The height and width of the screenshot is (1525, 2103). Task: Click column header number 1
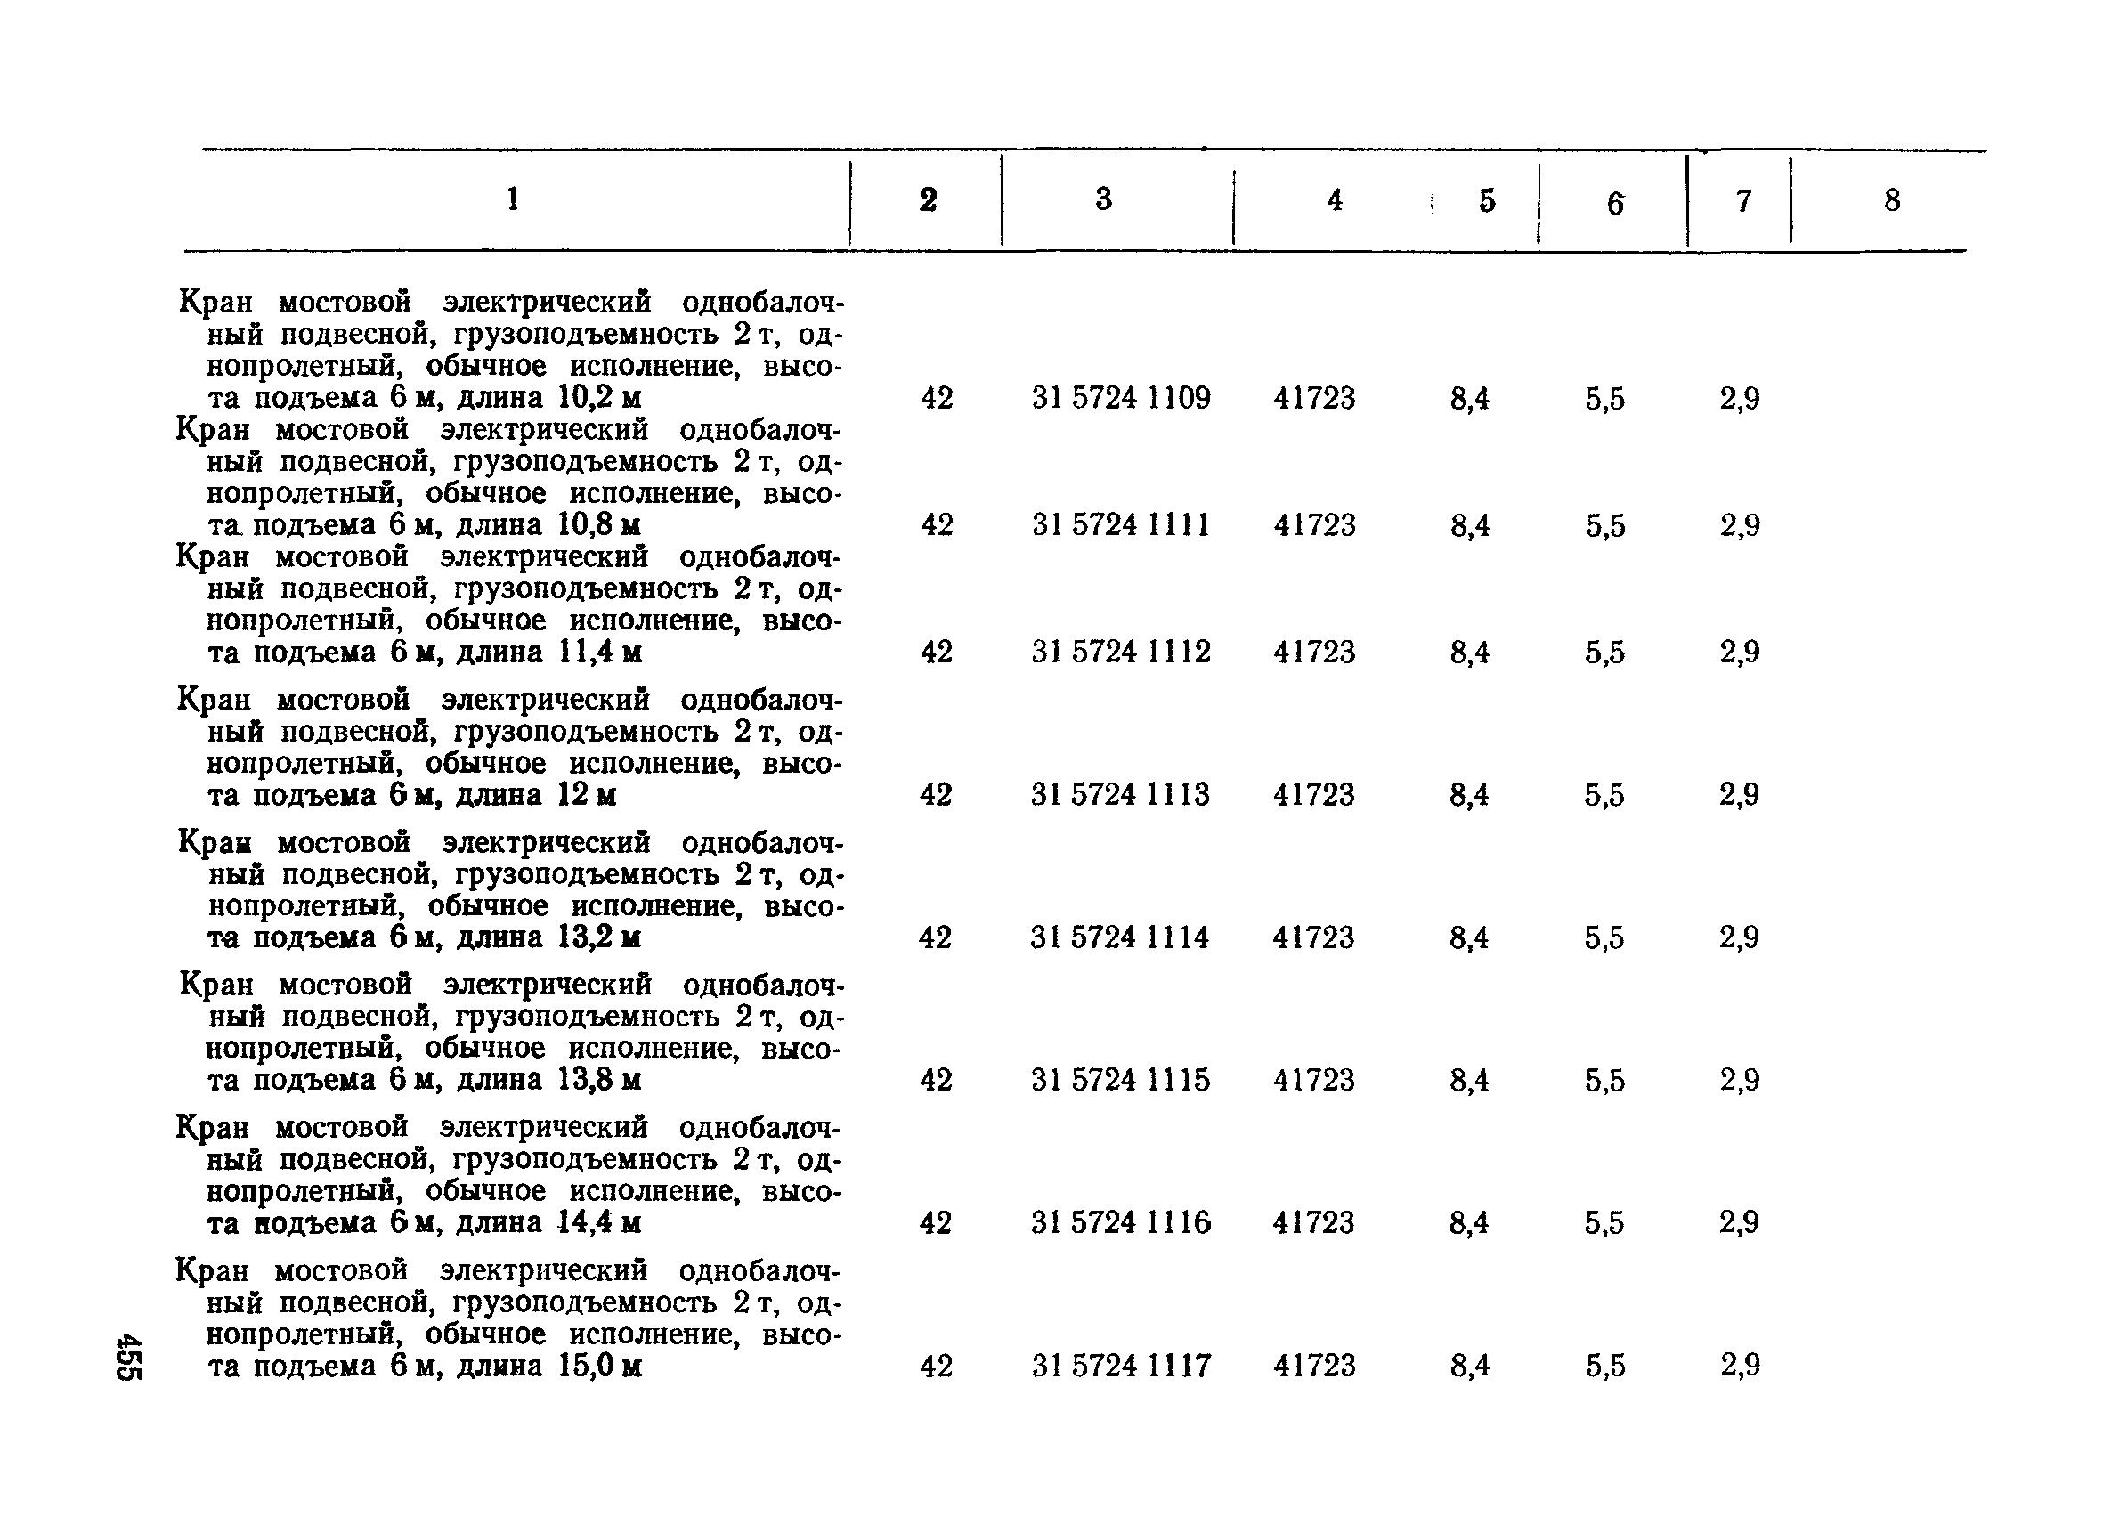tap(513, 199)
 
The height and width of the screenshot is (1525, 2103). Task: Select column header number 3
tap(1103, 199)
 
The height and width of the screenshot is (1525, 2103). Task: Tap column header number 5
tap(1487, 200)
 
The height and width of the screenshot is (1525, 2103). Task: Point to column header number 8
tap(1892, 200)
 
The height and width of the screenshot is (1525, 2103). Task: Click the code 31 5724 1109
tap(1120, 399)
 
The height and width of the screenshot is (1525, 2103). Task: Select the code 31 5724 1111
tap(1120, 525)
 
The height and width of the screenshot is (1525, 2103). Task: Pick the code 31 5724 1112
tap(1120, 653)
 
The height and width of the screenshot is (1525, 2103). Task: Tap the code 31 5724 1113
tap(1120, 794)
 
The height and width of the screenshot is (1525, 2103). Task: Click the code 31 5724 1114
tap(1119, 938)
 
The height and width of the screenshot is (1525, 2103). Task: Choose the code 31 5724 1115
tap(1120, 1080)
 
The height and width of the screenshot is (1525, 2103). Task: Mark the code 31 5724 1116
tap(1120, 1223)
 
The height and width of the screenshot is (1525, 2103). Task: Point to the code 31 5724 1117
tap(1120, 1366)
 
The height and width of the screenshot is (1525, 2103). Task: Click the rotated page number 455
tap(128, 1356)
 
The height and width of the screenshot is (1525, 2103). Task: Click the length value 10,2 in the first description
tap(588, 399)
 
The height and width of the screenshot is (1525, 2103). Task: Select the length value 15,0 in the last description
tap(588, 1367)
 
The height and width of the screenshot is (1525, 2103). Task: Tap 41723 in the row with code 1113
tap(1314, 794)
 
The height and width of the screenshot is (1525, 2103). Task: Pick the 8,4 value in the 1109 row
tap(1470, 399)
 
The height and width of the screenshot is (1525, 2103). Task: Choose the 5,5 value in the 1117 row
tap(1605, 1366)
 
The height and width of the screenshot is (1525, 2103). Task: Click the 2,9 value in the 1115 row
tap(1740, 1080)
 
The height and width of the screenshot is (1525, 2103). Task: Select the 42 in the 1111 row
tap(937, 525)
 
